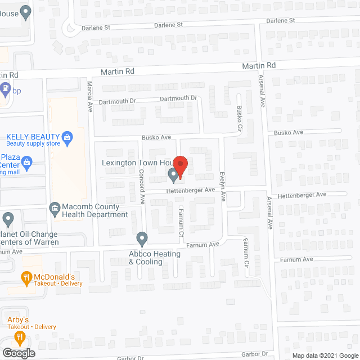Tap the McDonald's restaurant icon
[26, 277]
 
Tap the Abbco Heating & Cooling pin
[142, 238]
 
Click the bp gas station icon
[6, 89]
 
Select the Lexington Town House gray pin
[173, 177]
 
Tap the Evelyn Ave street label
[223, 188]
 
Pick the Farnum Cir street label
[245, 251]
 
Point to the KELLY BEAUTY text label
[33, 137]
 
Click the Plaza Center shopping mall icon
[26, 164]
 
